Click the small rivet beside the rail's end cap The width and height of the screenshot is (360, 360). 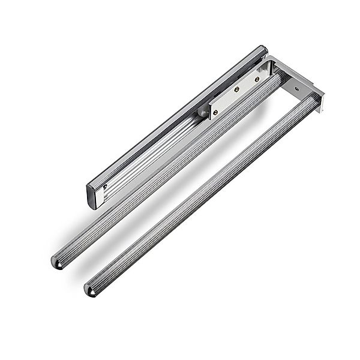(106, 187)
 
